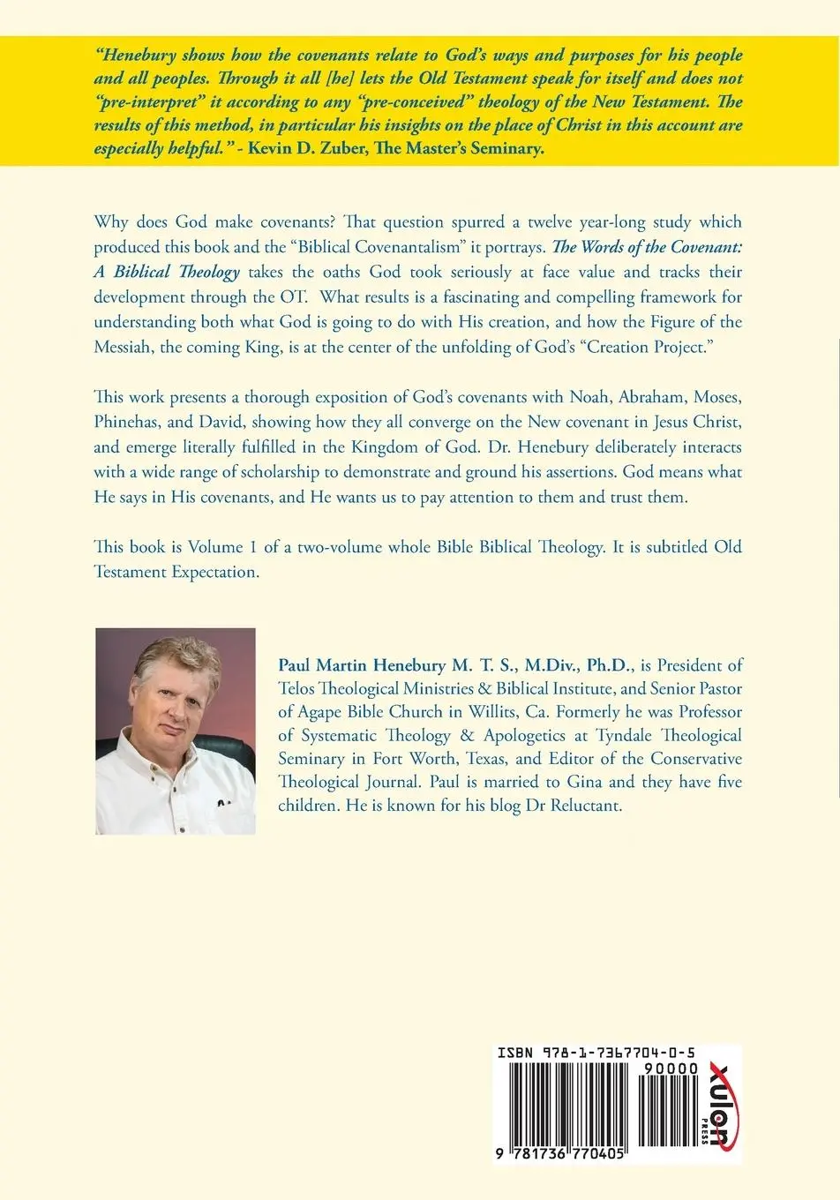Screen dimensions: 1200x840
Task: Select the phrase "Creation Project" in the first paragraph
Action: [649, 347]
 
